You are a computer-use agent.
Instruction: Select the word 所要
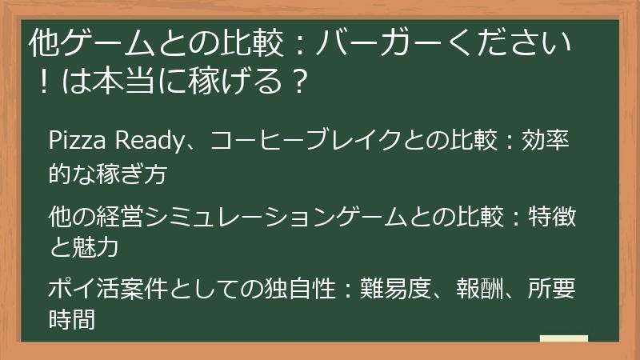pos(553,288)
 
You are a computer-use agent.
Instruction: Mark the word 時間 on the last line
pos(72,321)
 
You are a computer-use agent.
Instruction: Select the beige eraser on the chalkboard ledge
pos(563,339)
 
